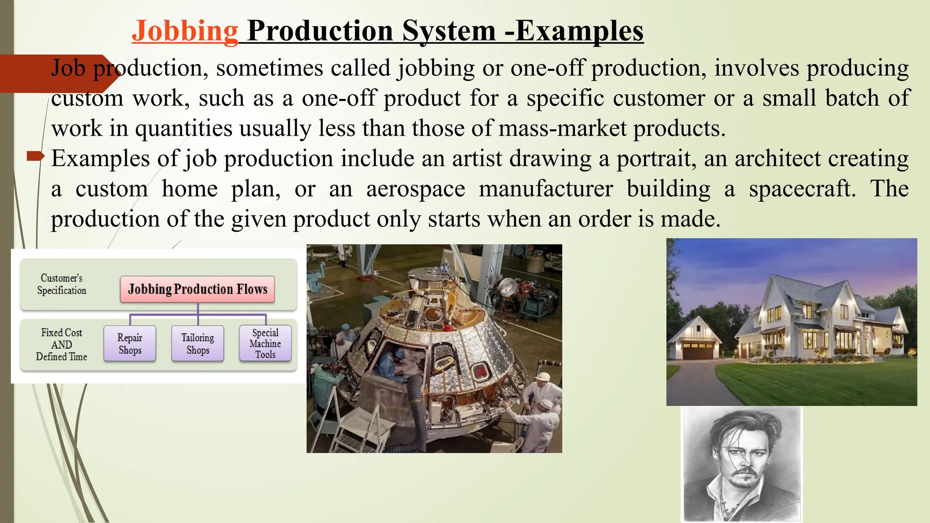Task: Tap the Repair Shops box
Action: pyautogui.click(x=130, y=344)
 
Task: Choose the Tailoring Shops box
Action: pyautogui.click(x=198, y=344)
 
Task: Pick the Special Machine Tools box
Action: pyautogui.click(x=265, y=344)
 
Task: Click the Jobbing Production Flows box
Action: pyautogui.click(x=198, y=289)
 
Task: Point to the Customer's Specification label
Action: pyautogui.click(x=62, y=284)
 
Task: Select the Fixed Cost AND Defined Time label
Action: pyautogui.click(x=62, y=345)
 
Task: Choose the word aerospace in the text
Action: pyautogui.click(x=416, y=189)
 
